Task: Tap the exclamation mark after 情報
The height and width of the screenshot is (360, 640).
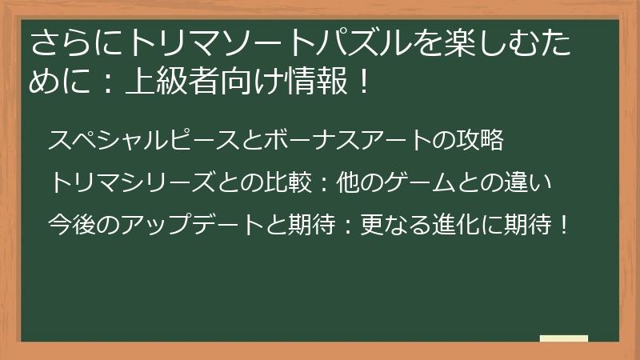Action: point(358,82)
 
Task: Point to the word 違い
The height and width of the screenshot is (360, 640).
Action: point(531,182)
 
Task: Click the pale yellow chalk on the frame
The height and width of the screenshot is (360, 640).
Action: point(564,338)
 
